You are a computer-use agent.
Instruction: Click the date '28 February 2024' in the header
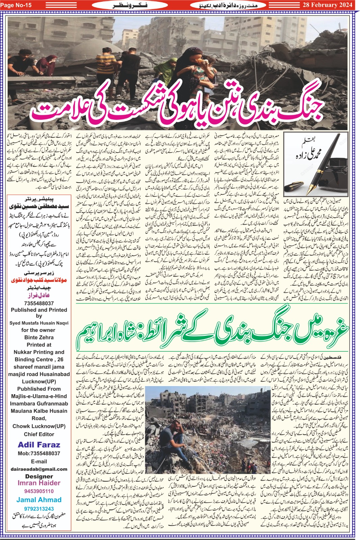coord(327,5)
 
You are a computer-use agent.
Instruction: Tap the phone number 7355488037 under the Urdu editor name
coord(39,303)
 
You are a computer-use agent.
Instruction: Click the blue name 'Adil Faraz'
coord(39,444)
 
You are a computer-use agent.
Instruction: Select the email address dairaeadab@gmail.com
coord(39,469)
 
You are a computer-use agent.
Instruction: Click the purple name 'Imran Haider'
coord(39,483)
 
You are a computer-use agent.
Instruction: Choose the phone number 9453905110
coord(39,491)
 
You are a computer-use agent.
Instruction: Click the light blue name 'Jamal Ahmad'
coord(39,500)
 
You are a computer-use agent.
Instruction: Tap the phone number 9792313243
coord(39,509)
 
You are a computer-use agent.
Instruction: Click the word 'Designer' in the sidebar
coord(39,476)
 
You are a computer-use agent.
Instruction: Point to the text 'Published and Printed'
coord(39,310)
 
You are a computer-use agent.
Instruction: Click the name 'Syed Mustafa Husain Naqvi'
coord(39,323)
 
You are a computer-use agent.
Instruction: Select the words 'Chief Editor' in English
coord(39,434)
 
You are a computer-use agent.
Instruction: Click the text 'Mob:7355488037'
coord(39,453)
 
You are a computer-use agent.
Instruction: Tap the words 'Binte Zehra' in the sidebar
coord(39,337)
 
